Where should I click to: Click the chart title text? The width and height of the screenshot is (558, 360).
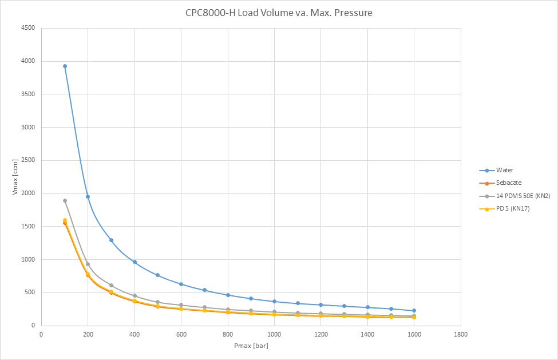point(279,12)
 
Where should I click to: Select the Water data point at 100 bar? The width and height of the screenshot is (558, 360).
point(65,66)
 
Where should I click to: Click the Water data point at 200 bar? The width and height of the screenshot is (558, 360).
point(88,196)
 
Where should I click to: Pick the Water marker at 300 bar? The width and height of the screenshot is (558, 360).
point(111,240)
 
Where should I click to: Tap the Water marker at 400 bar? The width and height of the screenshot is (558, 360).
point(134,262)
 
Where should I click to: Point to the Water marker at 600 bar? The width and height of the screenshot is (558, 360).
point(181,284)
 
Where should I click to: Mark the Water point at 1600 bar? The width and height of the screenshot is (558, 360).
point(414,310)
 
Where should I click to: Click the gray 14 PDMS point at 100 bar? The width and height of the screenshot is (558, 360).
point(65,200)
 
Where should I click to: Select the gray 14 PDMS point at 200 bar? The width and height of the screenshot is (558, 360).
point(88,264)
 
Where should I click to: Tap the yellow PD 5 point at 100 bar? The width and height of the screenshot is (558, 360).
point(65,220)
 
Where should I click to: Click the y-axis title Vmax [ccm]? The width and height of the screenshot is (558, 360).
point(15,176)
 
